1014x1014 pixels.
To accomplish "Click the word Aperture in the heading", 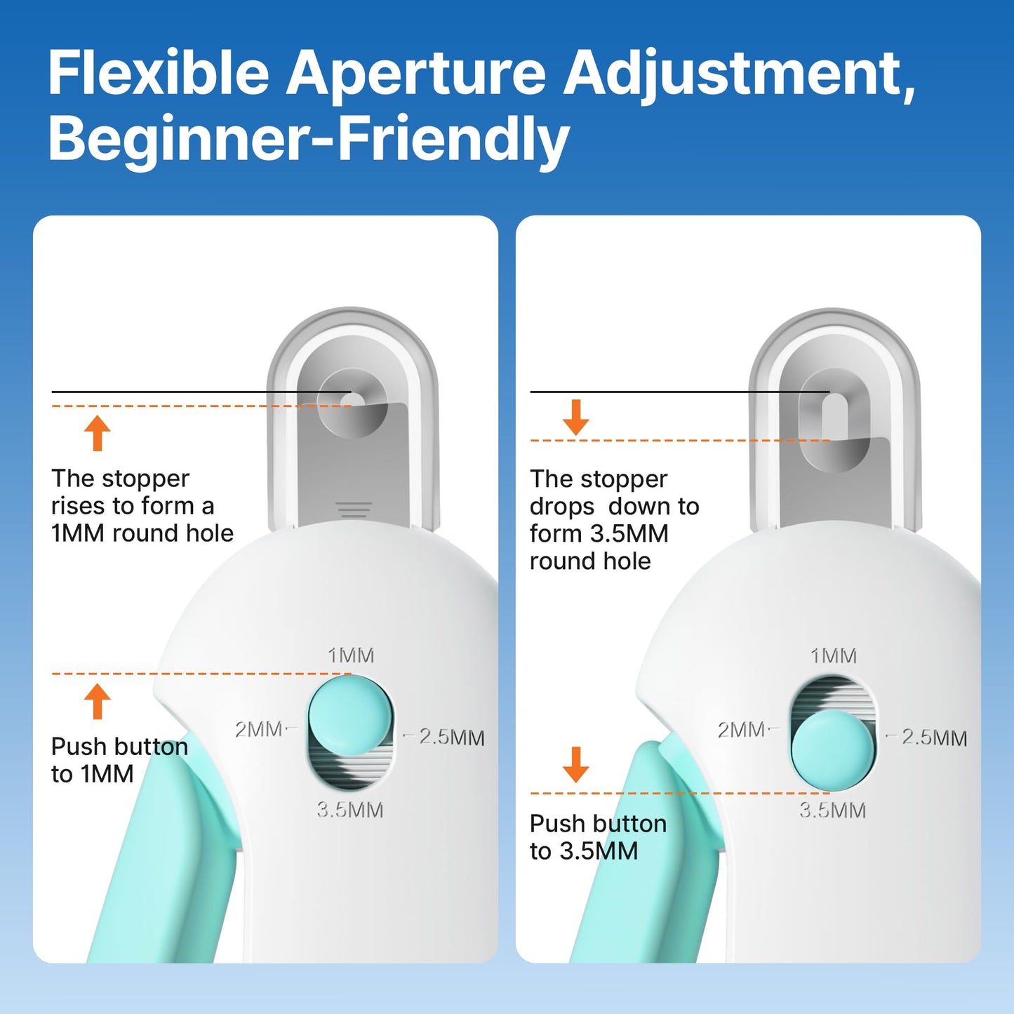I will (415, 74).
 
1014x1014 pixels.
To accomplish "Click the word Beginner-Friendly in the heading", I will (309, 139).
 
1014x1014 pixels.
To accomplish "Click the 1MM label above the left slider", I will (351, 655).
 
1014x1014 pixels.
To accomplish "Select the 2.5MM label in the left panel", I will (451, 738).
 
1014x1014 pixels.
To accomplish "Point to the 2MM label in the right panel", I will (741, 730).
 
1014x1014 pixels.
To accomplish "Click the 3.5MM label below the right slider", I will (833, 810).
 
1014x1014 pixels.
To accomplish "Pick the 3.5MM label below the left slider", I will (349, 810).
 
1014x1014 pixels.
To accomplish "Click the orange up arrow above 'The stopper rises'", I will (98, 432).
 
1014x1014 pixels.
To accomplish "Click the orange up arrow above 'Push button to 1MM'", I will (98, 701).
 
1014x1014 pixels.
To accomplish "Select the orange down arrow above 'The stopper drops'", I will (576, 418).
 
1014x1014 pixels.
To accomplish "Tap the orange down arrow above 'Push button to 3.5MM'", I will (576, 764).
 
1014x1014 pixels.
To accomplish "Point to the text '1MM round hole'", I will (142, 533).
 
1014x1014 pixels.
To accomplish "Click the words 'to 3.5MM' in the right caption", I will (584, 851).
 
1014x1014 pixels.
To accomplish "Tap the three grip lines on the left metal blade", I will (354, 509).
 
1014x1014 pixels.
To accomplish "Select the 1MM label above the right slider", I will (834, 656).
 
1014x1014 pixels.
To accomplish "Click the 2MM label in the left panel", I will (258, 730).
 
